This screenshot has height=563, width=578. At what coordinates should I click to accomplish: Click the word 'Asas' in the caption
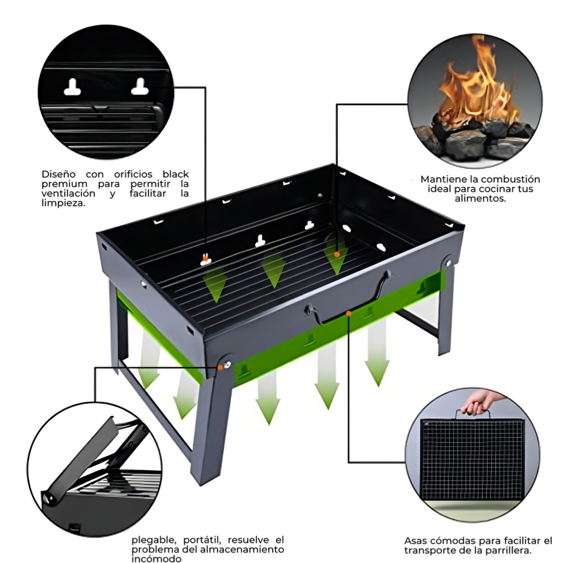pyautogui.click(x=416, y=541)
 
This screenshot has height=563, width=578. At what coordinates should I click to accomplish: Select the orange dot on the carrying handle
pyautogui.click(x=349, y=313)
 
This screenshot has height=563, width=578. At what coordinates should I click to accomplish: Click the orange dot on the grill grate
pyautogui.click(x=337, y=254)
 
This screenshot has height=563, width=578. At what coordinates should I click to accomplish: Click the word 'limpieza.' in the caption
pyautogui.click(x=62, y=203)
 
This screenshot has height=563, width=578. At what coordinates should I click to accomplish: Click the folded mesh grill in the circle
pyautogui.click(x=472, y=459)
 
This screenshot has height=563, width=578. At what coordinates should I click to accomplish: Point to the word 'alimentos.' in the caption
pyautogui.click(x=480, y=198)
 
